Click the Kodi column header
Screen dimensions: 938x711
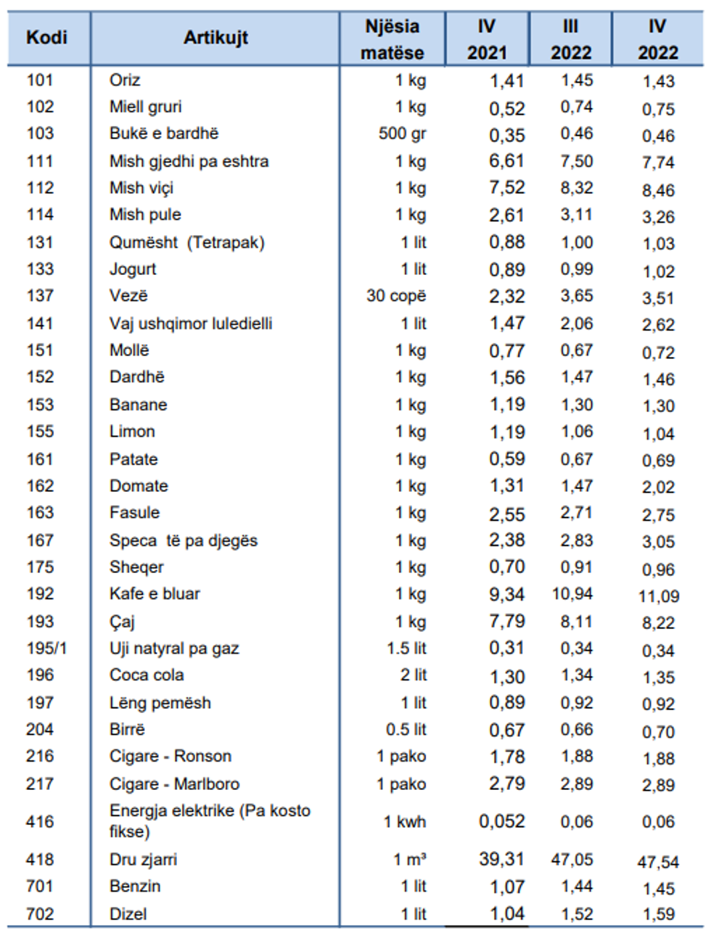pyautogui.click(x=46, y=38)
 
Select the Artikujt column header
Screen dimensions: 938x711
pyautogui.click(x=215, y=38)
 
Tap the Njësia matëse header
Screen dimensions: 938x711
pyautogui.click(x=392, y=39)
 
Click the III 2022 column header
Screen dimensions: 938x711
pyautogui.click(x=570, y=39)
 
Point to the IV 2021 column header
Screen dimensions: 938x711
pyautogui.click(x=487, y=39)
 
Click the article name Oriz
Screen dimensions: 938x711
pyautogui.click(x=125, y=81)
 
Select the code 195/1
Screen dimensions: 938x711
pyautogui.click(x=46, y=649)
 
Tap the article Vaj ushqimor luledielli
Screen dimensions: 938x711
pyautogui.click(x=191, y=324)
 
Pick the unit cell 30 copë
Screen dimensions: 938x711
pyautogui.click(x=396, y=296)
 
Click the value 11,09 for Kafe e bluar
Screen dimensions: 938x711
pyautogui.click(x=659, y=596)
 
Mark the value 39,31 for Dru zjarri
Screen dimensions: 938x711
pyautogui.click(x=501, y=860)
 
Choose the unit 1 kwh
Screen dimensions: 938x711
pyautogui.click(x=405, y=822)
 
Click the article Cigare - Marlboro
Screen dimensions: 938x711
pyautogui.click(x=174, y=784)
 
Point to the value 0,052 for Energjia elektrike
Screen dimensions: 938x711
pyautogui.click(x=501, y=822)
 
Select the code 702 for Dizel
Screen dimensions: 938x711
pyautogui.click(x=40, y=914)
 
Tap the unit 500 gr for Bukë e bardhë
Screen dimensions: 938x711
pyautogui.click(x=402, y=133)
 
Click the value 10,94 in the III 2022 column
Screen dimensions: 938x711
pyautogui.click(x=572, y=594)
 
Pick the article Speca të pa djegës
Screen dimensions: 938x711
pyautogui.click(x=184, y=540)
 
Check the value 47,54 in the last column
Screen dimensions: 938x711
pyautogui.click(x=658, y=863)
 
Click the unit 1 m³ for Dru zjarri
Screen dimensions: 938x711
pyautogui.click(x=409, y=860)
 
